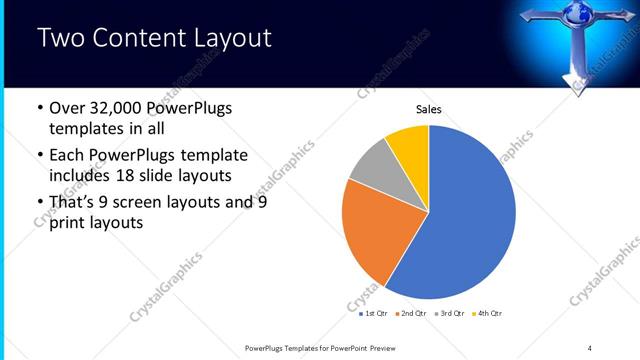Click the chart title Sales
[428, 109]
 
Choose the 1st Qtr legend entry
[375, 313]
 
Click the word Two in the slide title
[59, 39]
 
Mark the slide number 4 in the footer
[590, 347]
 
